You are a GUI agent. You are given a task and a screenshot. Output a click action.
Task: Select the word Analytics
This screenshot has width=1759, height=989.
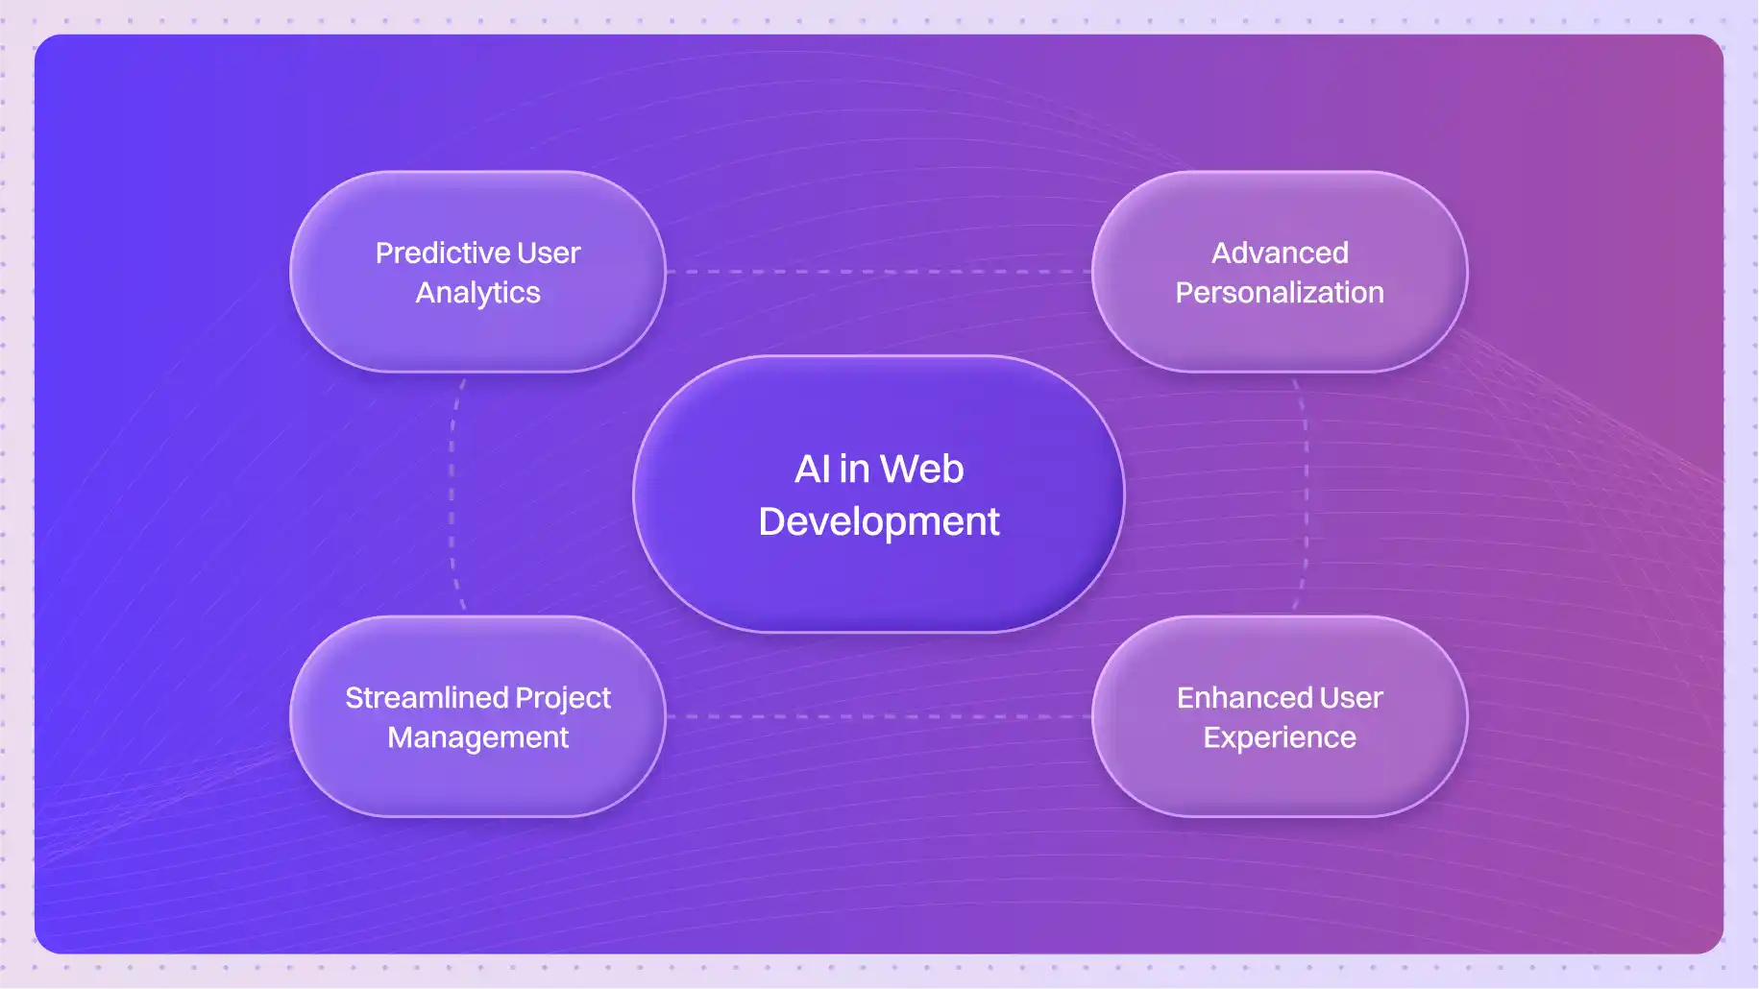(477, 293)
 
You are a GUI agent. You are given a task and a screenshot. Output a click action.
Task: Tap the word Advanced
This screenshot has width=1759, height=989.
(1280, 253)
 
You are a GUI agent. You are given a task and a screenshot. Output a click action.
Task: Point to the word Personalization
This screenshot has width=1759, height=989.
(1280, 293)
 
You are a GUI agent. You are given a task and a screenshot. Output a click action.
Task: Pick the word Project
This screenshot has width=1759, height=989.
(563, 699)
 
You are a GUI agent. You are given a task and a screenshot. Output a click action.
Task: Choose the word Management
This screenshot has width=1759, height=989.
(477, 738)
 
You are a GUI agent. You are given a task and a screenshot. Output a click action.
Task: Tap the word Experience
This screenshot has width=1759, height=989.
(1280, 738)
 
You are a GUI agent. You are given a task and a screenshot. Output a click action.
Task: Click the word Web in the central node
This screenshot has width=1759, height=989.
(921, 470)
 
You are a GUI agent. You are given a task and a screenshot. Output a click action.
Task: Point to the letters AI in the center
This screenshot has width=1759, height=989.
(813, 470)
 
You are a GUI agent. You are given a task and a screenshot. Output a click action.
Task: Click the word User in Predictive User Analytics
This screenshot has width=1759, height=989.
(549, 253)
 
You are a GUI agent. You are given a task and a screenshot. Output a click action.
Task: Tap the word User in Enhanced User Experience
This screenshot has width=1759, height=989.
(1352, 698)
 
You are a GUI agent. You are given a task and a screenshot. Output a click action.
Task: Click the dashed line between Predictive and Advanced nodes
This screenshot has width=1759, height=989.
(879, 272)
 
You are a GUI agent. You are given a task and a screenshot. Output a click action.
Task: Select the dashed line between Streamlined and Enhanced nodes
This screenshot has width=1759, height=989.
(879, 716)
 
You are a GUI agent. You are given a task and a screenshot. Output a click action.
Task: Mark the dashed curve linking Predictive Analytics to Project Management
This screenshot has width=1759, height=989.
(452, 494)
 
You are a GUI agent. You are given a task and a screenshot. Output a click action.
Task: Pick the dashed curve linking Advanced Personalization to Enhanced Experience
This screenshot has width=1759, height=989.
(1307, 494)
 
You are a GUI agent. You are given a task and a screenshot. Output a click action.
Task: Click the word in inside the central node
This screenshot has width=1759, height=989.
(854, 470)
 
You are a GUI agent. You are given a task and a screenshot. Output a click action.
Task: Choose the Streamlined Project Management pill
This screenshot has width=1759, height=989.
(477, 716)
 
